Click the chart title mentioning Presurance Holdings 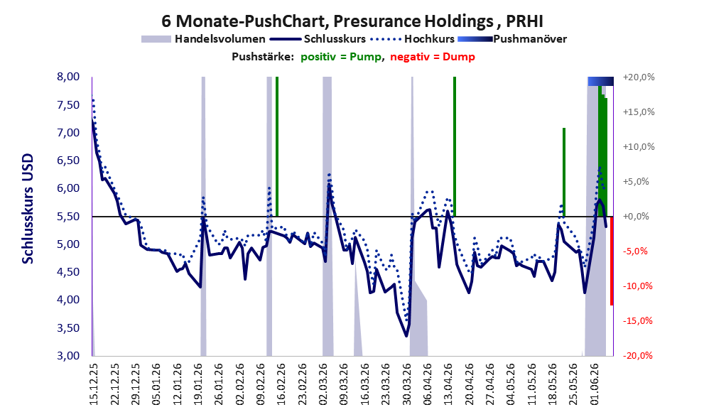pos(352,21)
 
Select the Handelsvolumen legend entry pos(203,39)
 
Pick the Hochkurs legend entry pos(413,39)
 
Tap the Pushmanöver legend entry pos(512,39)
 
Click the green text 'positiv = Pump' pos(341,57)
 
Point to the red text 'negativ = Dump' pos(433,57)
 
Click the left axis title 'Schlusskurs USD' pos(28,209)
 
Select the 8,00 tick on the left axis pos(68,77)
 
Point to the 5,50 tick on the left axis pos(68,217)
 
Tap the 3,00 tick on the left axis pos(68,355)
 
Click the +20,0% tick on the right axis pos(639,77)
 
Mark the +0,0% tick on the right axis pos(637,217)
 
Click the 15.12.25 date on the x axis pos(94,384)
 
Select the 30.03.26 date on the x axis pos(407,384)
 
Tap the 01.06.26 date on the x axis pos(595,384)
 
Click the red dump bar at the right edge pos(612,261)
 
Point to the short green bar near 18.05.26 pos(564,172)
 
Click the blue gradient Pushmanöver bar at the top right pos(601,81)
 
